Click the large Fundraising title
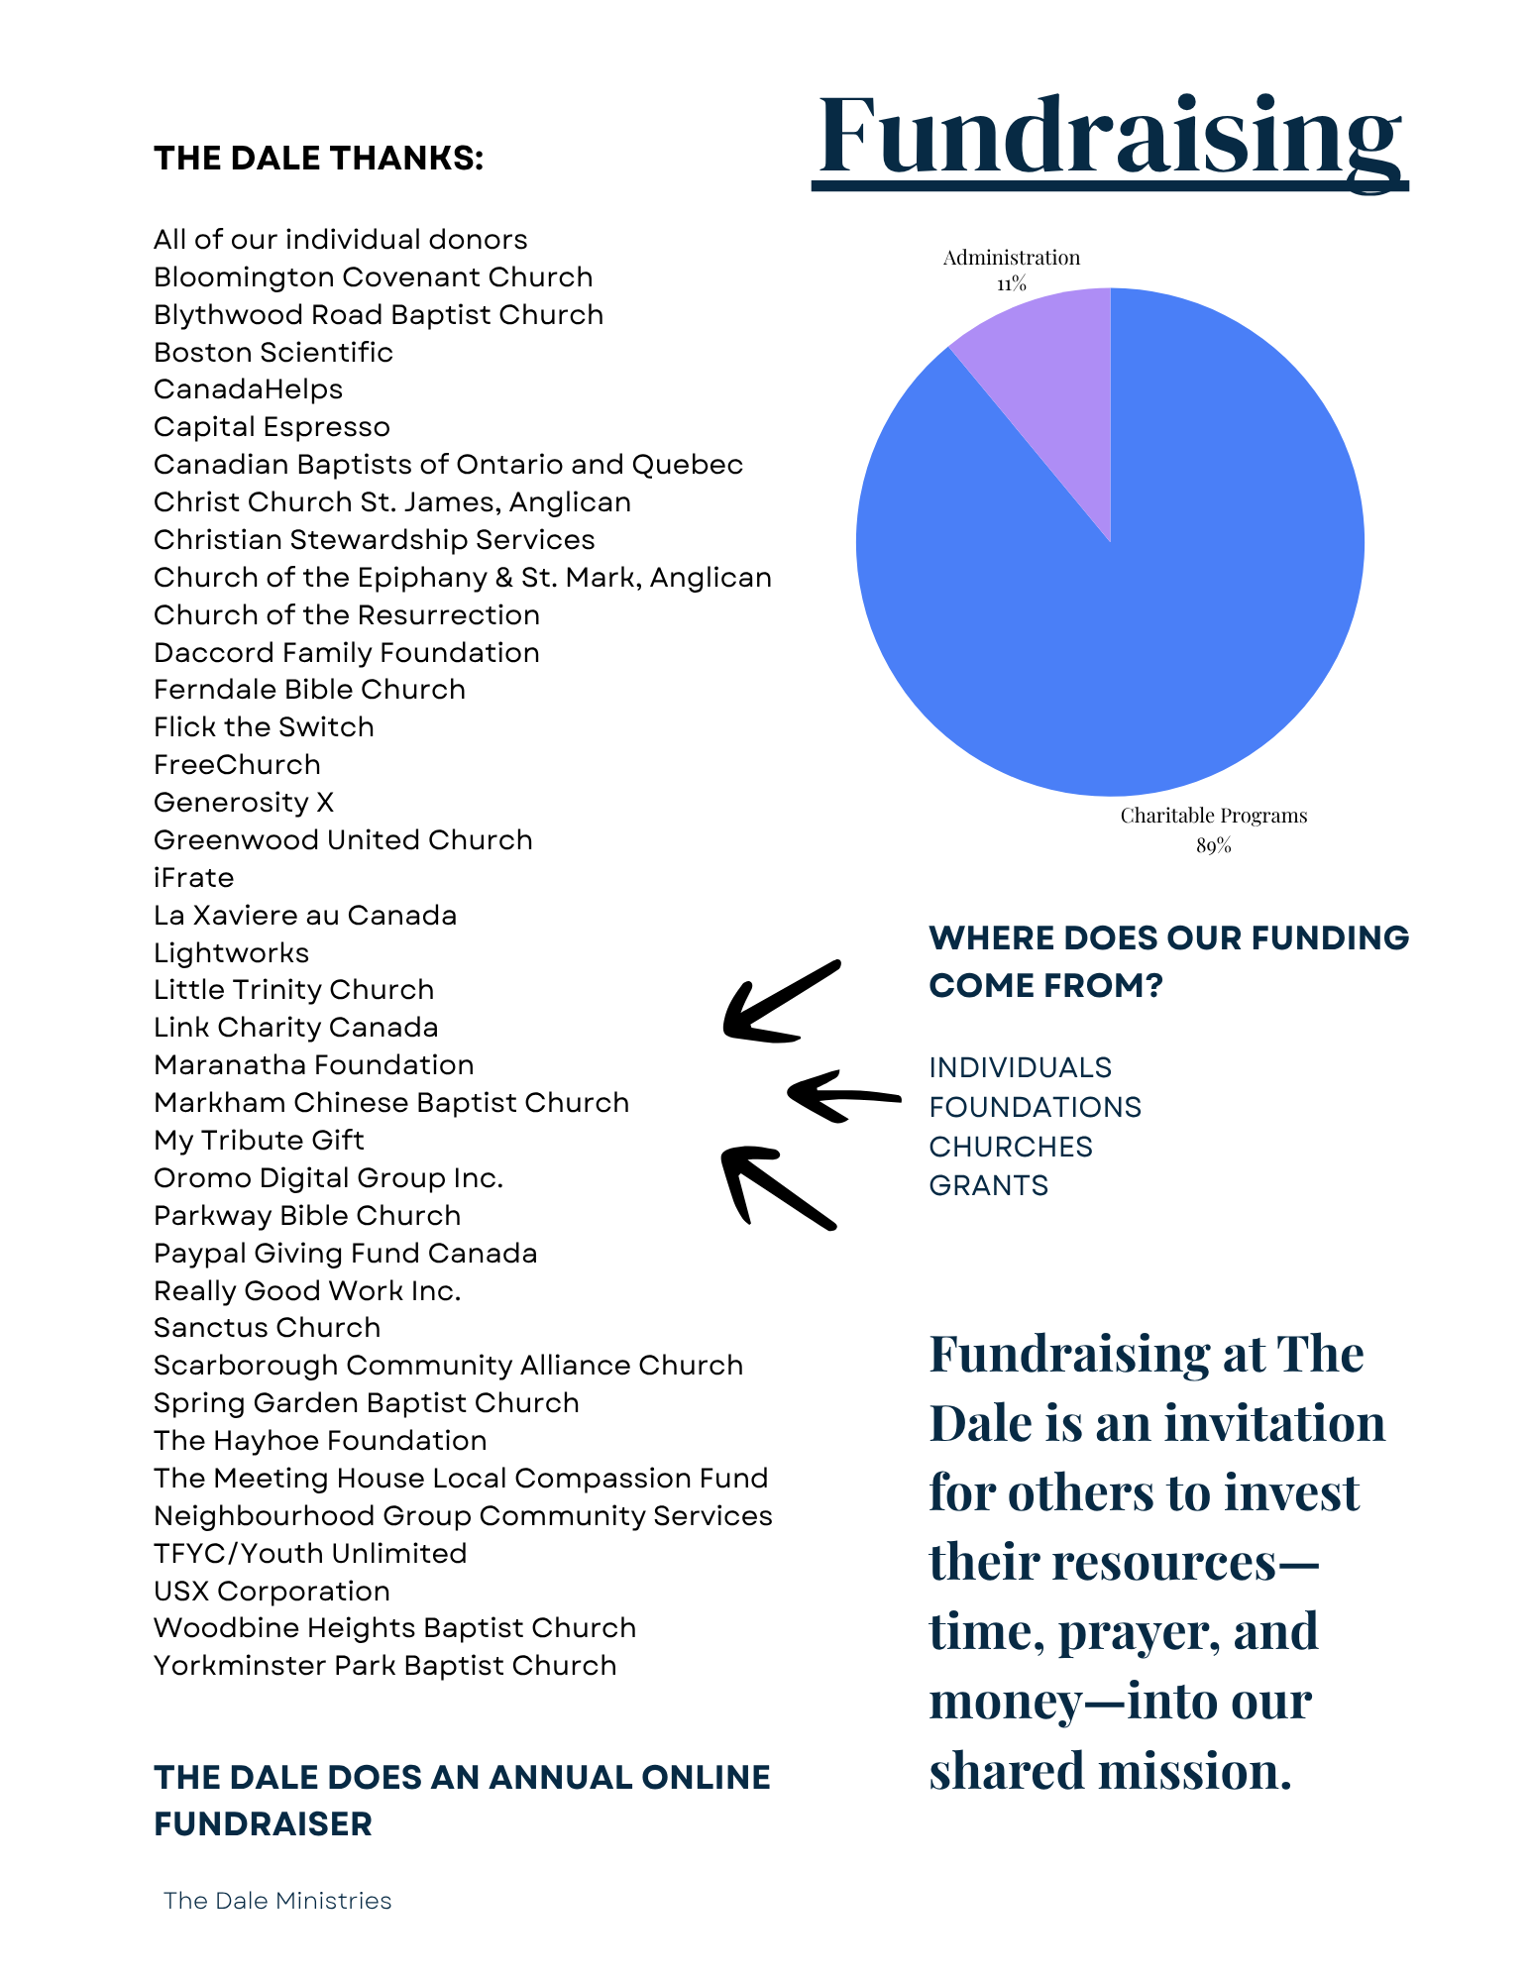pyautogui.click(x=1110, y=136)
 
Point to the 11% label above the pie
pyautogui.click(x=1012, y=283)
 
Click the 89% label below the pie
pyautogui.click(x=1213, y=845)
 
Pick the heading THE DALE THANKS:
pyautogui.click(x=318, y=159)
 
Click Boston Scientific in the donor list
pyautogui.click(x=273, y=352)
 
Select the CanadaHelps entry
pyautogui.click(x=248, y=389)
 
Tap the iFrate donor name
pyautogui.click(x=194, y=878)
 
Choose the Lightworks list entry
pyautogui.click(x=231, y=953)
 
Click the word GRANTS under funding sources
pyautogui.click(x=988, y=1185)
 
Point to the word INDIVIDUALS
pyautogui.click(x=1020, y=1067)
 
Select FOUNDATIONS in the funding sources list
pyautogui.click(x=1035, y=1107)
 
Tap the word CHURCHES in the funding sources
pyautogui.click(x=1010, y=1147)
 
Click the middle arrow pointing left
pyautogui.click(x=842, y=1096)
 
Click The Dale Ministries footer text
pyautogui.click(x=277, y=1901)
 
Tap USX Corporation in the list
pyautogui.click(x=272, y=1592)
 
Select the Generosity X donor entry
pyautogui.click(x=244, y=803)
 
